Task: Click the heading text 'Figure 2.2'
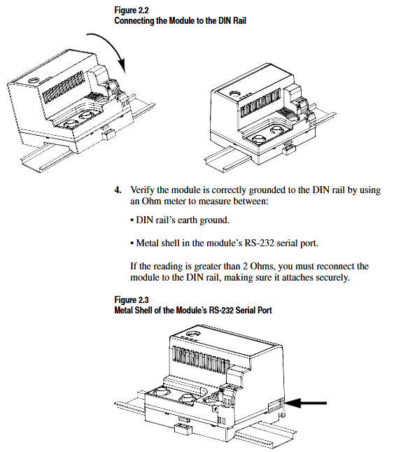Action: tap(132, 10)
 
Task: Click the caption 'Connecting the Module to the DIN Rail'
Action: tap(180, 21)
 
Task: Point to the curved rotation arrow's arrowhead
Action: tap(122, 66)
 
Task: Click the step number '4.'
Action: tap(118, 190)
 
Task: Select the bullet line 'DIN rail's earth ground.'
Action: tap(180, 220)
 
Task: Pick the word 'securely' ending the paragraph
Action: tap(332, 278)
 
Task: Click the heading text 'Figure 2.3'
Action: tap(132, 299)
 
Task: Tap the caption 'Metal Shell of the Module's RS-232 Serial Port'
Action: tap(193, 311)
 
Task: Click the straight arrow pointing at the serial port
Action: tap(306, 403)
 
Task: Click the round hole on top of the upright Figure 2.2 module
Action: tap(235, 94)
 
